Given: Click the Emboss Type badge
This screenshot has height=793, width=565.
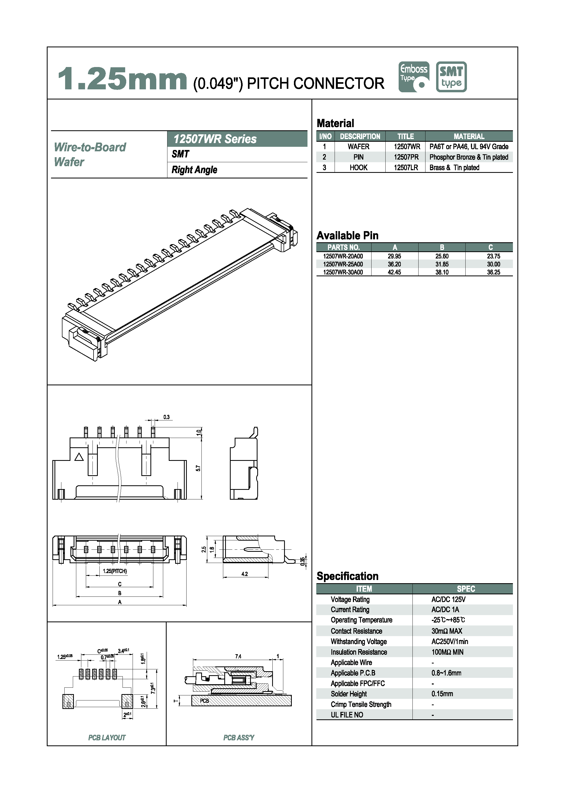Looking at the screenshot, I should [414, 77].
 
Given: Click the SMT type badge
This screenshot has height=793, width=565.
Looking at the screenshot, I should [451, 77].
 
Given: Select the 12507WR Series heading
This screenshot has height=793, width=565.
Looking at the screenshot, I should [215, 139].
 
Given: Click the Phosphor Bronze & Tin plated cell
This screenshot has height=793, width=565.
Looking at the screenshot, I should [468, 157].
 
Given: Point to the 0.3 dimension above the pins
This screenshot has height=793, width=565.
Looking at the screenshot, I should [166, 417].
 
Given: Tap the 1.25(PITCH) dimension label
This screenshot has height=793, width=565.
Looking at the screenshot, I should [115, 571].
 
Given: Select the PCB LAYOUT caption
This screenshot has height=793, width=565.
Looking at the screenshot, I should [107, 738].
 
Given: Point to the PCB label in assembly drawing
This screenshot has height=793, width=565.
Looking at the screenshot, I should [205, 701].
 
